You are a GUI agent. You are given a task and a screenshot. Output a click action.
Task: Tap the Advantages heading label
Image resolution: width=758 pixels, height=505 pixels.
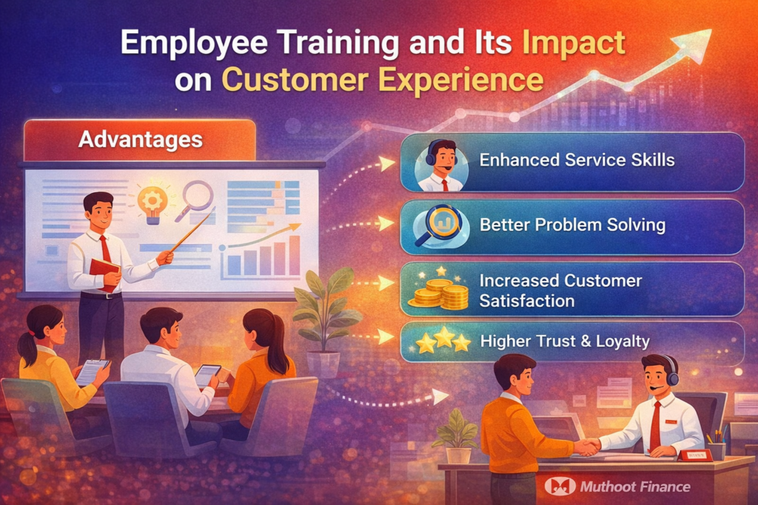140,139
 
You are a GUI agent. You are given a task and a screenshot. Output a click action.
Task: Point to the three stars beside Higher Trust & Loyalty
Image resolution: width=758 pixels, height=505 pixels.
443,341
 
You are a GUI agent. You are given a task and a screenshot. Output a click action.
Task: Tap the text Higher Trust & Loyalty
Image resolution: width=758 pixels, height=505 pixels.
565,341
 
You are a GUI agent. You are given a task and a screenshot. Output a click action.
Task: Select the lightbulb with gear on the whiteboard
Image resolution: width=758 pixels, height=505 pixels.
152,203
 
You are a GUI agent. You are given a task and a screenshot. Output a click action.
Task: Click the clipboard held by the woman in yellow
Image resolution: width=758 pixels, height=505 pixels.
93,370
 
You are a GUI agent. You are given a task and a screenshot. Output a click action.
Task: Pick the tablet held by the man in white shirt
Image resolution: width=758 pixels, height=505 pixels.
207,375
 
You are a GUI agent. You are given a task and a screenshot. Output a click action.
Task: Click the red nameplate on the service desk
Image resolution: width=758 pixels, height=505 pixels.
695,455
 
